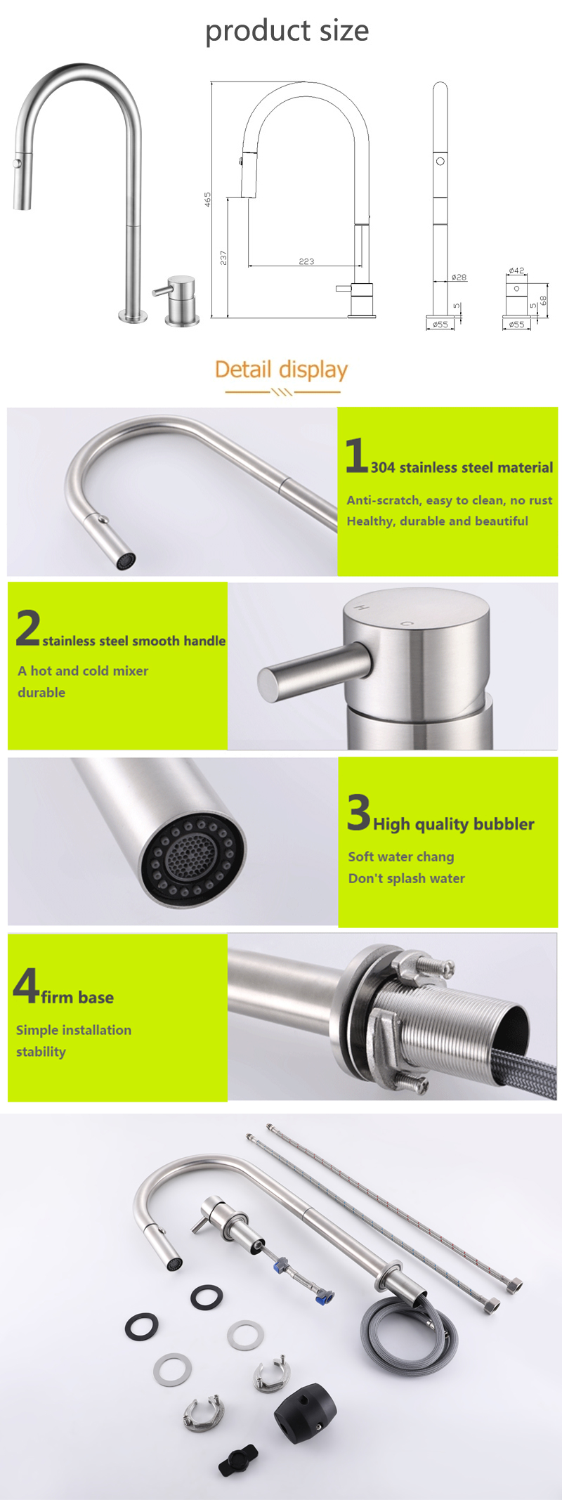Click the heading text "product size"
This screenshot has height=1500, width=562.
pos(287,30)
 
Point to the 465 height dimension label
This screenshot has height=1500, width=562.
pos(207,199)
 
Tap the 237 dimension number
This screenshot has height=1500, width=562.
pos(223,258)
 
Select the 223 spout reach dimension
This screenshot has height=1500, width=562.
pos(306,261)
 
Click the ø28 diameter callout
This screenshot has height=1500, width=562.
pos(459,278)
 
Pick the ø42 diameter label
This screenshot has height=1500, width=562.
pos(516,270)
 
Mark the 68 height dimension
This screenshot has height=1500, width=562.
pos(543,300)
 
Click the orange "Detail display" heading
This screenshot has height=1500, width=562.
pos(281,369)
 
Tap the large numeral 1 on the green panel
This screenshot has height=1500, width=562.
pos(357,455)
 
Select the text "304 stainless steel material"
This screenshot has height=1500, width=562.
pos(462,467)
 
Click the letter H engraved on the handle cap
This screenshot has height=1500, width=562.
pos(362,606)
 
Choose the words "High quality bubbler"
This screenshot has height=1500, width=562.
pos(454,824)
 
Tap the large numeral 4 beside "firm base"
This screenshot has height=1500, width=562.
pos(26,985)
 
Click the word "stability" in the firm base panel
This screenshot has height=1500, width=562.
pos(41,1052)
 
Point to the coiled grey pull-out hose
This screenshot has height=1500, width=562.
pos(410,1330)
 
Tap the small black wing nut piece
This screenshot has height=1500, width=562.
pos(238,1461)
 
